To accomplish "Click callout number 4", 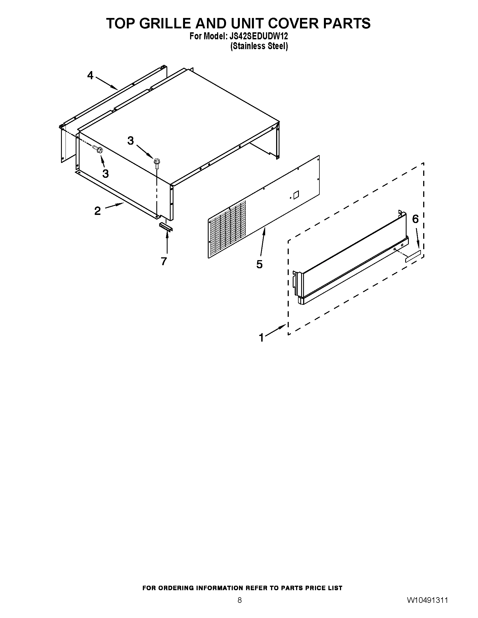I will pos(90,76).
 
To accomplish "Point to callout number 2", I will pos(97,211).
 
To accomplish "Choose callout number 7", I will pos(164,261).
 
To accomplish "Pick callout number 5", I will pos(260,264).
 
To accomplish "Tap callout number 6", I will pos(415,219).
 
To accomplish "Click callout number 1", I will pos(261,338).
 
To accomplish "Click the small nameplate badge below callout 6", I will pos(413,256).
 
